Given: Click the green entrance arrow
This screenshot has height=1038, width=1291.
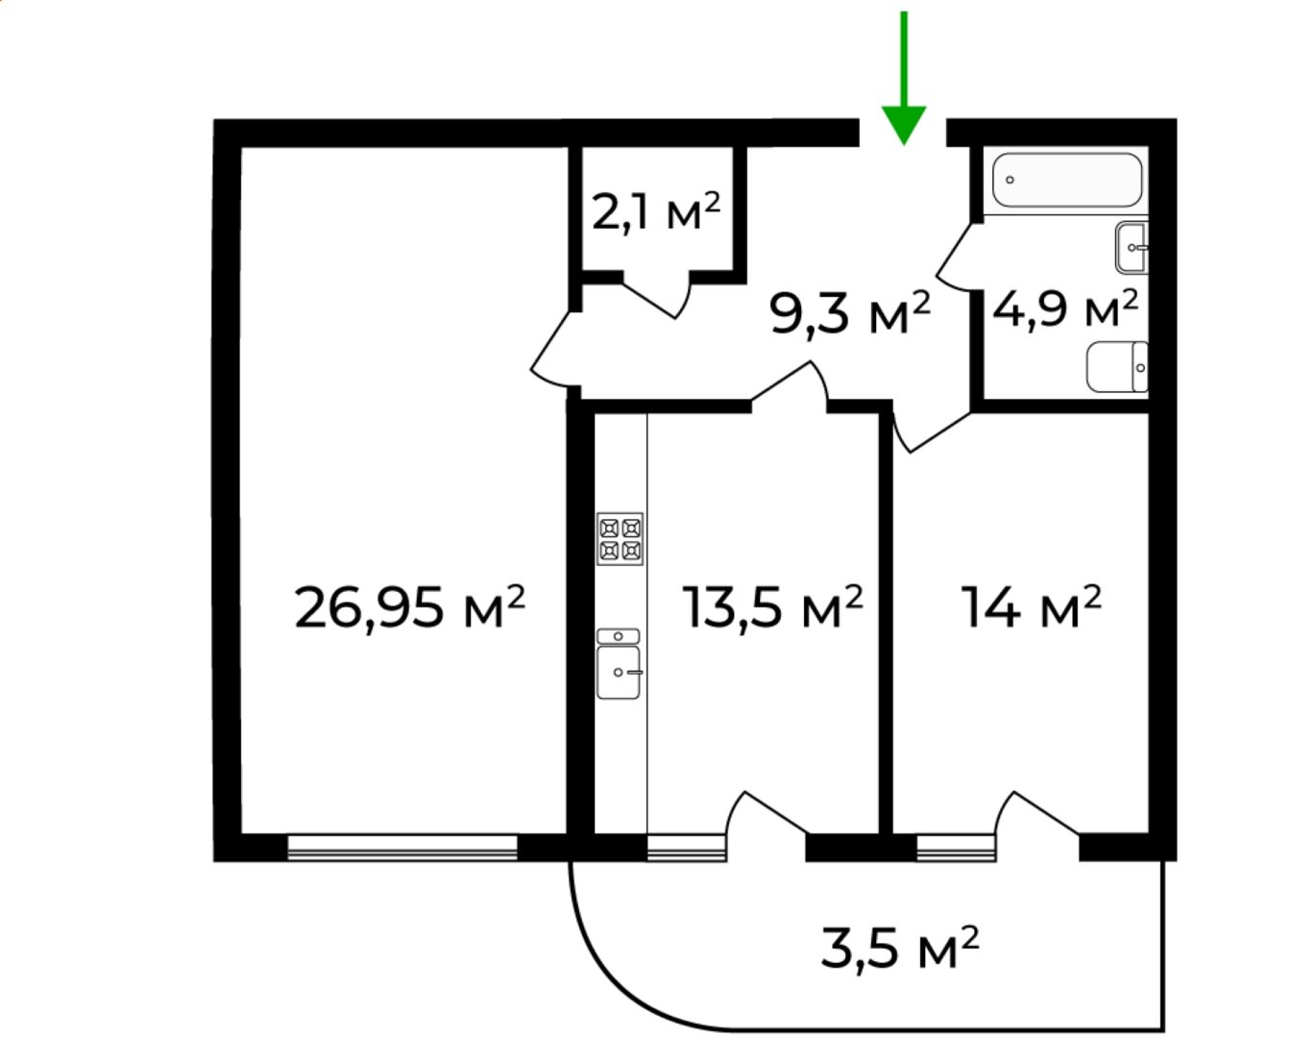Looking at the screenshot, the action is click(904, 78).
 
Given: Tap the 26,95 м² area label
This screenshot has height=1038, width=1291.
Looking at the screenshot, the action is click(410, 607).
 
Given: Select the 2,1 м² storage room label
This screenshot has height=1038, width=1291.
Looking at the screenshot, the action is click(656, 211).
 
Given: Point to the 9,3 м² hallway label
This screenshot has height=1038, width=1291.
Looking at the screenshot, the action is click(849, 312).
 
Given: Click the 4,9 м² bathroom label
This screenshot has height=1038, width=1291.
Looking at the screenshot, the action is click(1065, 309).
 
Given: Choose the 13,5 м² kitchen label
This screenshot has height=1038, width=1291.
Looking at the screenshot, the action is click(772, 607).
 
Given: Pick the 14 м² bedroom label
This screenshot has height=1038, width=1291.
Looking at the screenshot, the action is click(1032, 607).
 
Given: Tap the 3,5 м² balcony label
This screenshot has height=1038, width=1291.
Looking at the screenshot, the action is click(900, 948).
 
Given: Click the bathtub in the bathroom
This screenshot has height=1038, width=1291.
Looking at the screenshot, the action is click(1066, 180).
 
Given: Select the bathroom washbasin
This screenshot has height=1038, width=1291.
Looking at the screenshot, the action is click(1132, 247).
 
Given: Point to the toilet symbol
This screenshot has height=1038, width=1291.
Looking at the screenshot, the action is click(1117, 367).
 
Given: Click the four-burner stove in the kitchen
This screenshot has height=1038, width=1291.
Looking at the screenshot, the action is click(620, 538).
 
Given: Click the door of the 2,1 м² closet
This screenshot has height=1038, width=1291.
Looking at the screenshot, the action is click(656, 298).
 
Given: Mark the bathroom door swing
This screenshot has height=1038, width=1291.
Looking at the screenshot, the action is click(955, 259).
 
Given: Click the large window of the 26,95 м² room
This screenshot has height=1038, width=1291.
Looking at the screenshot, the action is click(402, 847).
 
